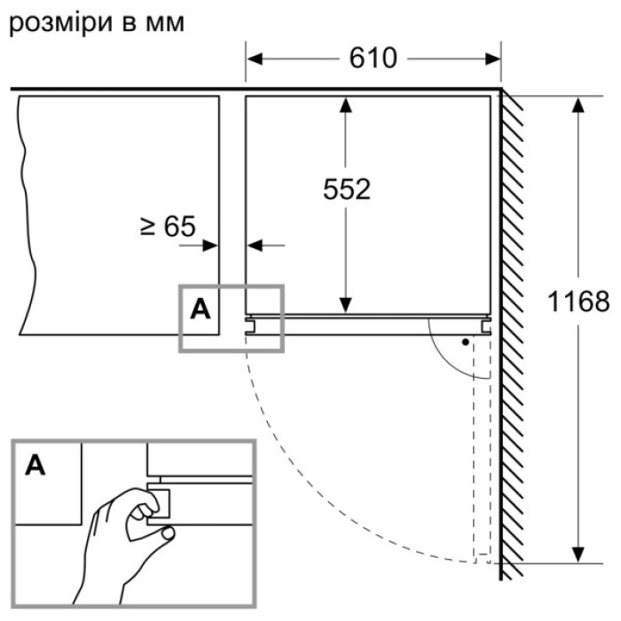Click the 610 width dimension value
tap(373, 59)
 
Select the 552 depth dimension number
tap(346, 189)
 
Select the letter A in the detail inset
tap(35, 463)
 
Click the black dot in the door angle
tap(464, 341)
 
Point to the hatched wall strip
tap(514, 328)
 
